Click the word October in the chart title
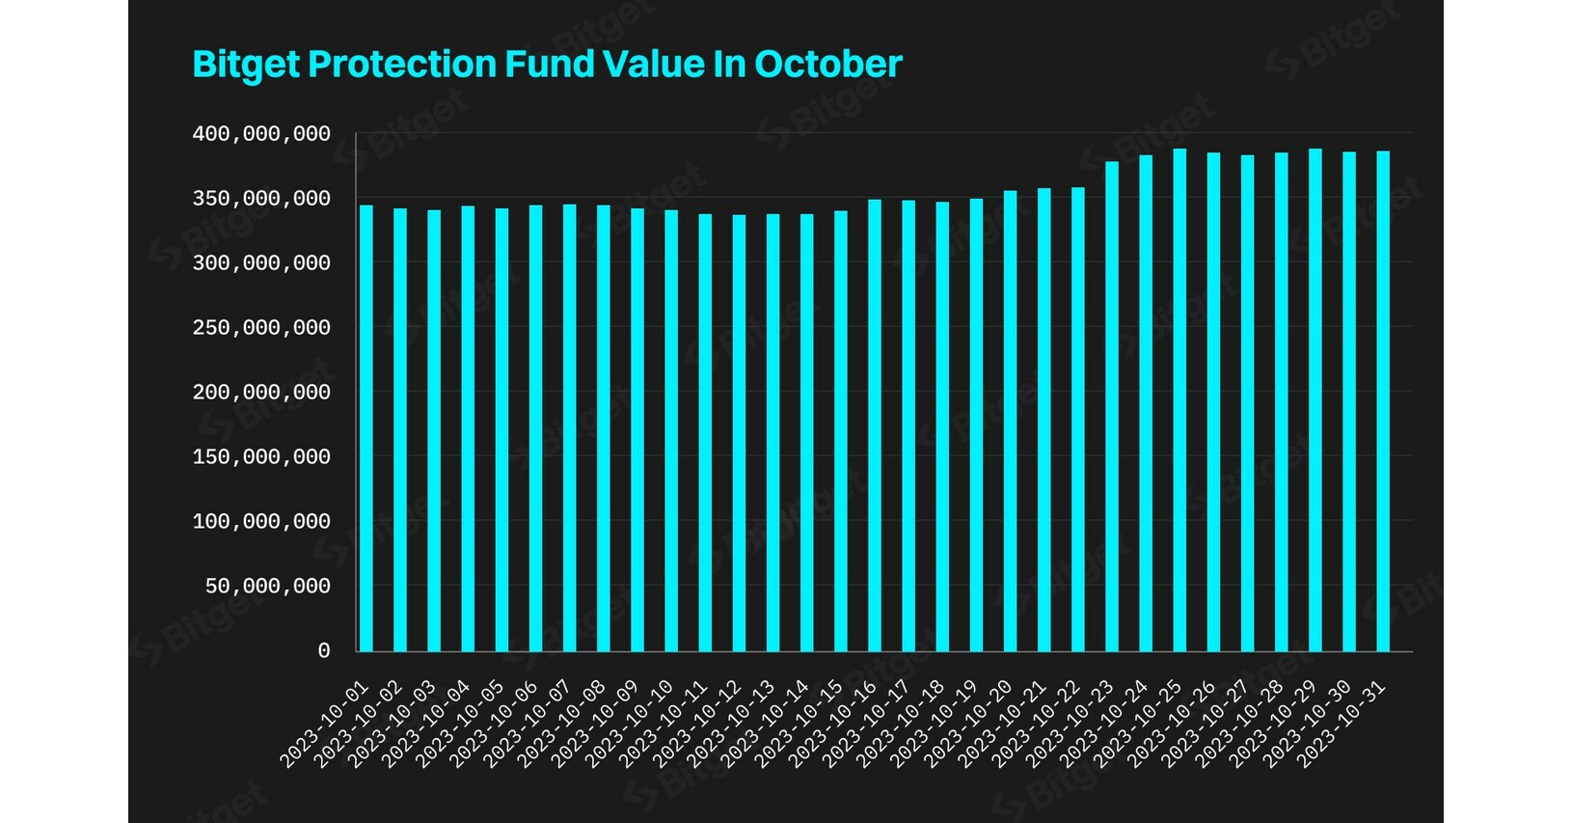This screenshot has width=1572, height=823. [827, 64]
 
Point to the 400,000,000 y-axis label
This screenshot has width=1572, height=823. [261, 134]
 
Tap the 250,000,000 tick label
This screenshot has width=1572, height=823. [261, 328]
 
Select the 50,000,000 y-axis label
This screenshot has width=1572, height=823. [267, 587]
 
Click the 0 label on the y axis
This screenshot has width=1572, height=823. [324, 651]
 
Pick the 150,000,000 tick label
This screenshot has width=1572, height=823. [261, 457]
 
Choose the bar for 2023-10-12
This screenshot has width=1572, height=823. [739, 434]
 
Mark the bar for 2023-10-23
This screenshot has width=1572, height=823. [1112, 405]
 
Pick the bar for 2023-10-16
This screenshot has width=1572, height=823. [875, 425]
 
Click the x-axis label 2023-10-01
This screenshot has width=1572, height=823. [325, 725]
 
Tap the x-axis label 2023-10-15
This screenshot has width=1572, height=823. [800, 725]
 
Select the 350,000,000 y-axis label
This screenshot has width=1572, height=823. [261, 199]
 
